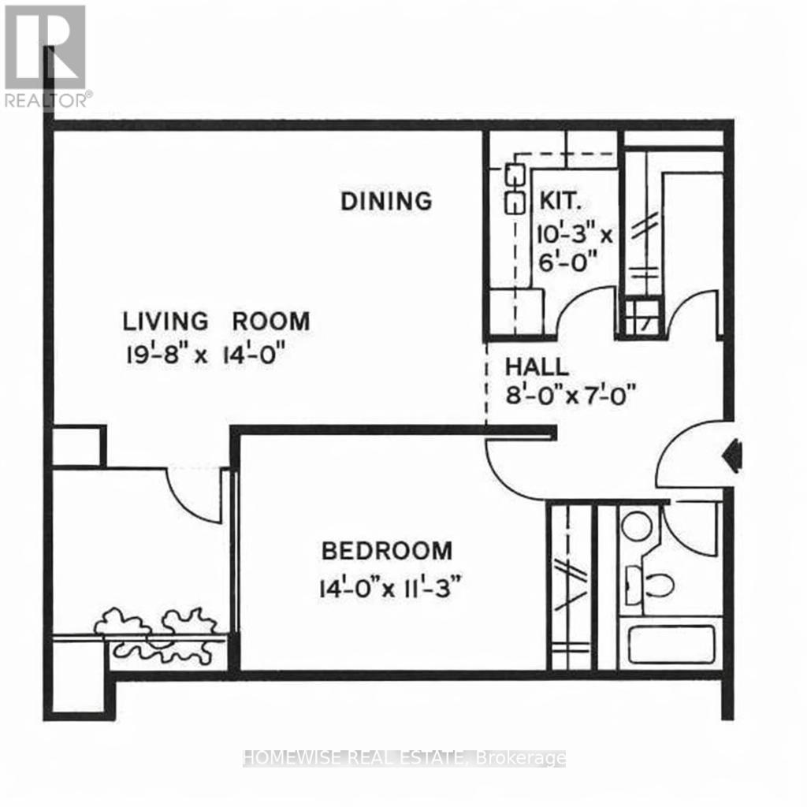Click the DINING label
pos(386,201)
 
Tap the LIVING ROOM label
pos(216,322)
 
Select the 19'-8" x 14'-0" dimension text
pos(203,354)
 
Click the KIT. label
pos(560,201)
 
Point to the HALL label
pos(536,366)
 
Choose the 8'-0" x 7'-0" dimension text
pos(571,392)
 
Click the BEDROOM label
pos(386,549)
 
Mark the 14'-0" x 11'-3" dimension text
pos(389,587)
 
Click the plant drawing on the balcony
pos(162,634)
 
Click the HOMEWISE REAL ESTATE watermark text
pos(403,758)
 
